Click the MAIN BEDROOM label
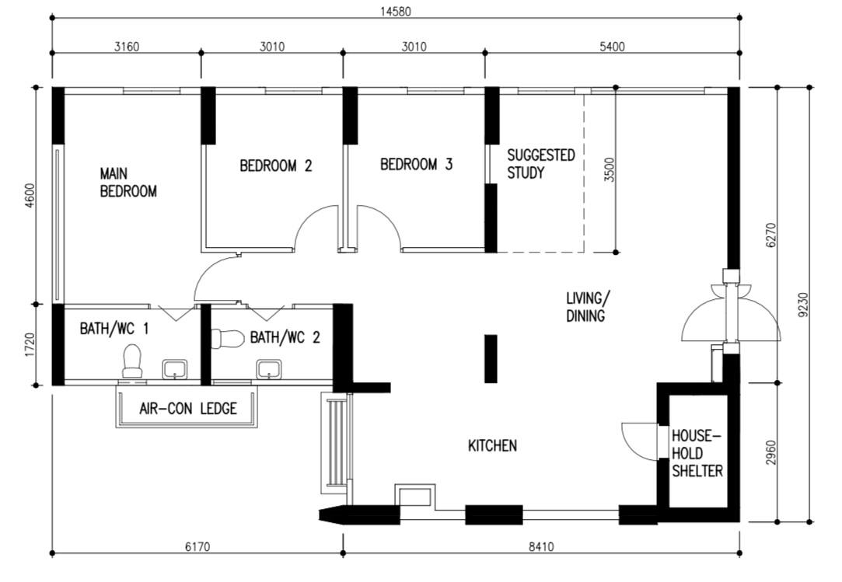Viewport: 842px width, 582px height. (x=128, y=182)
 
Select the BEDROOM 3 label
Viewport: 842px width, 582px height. (x=416, y=165)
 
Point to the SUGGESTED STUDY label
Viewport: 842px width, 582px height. (x=540, y=164)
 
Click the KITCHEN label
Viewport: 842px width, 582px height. (x=492, y=446)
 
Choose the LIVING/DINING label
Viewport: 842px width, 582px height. (x=588, y=307)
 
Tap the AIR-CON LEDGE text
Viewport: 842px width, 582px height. (x=187, y=409)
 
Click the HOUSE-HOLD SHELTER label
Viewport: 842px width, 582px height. (x=697, y=453)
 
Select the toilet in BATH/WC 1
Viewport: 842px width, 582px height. (x=133, y=361)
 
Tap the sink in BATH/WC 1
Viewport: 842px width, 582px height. (x=175, y=368)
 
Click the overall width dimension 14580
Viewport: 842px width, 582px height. (x=394, y=11)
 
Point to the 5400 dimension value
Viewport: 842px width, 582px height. (x=611, y=47)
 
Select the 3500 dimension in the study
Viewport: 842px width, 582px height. (x=609, y=169)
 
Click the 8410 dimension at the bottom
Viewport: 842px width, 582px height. (x=540, y=547)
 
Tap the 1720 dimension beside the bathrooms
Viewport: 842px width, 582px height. (x=29, y=344)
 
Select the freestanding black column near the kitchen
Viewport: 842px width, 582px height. (x=491, y=358)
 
